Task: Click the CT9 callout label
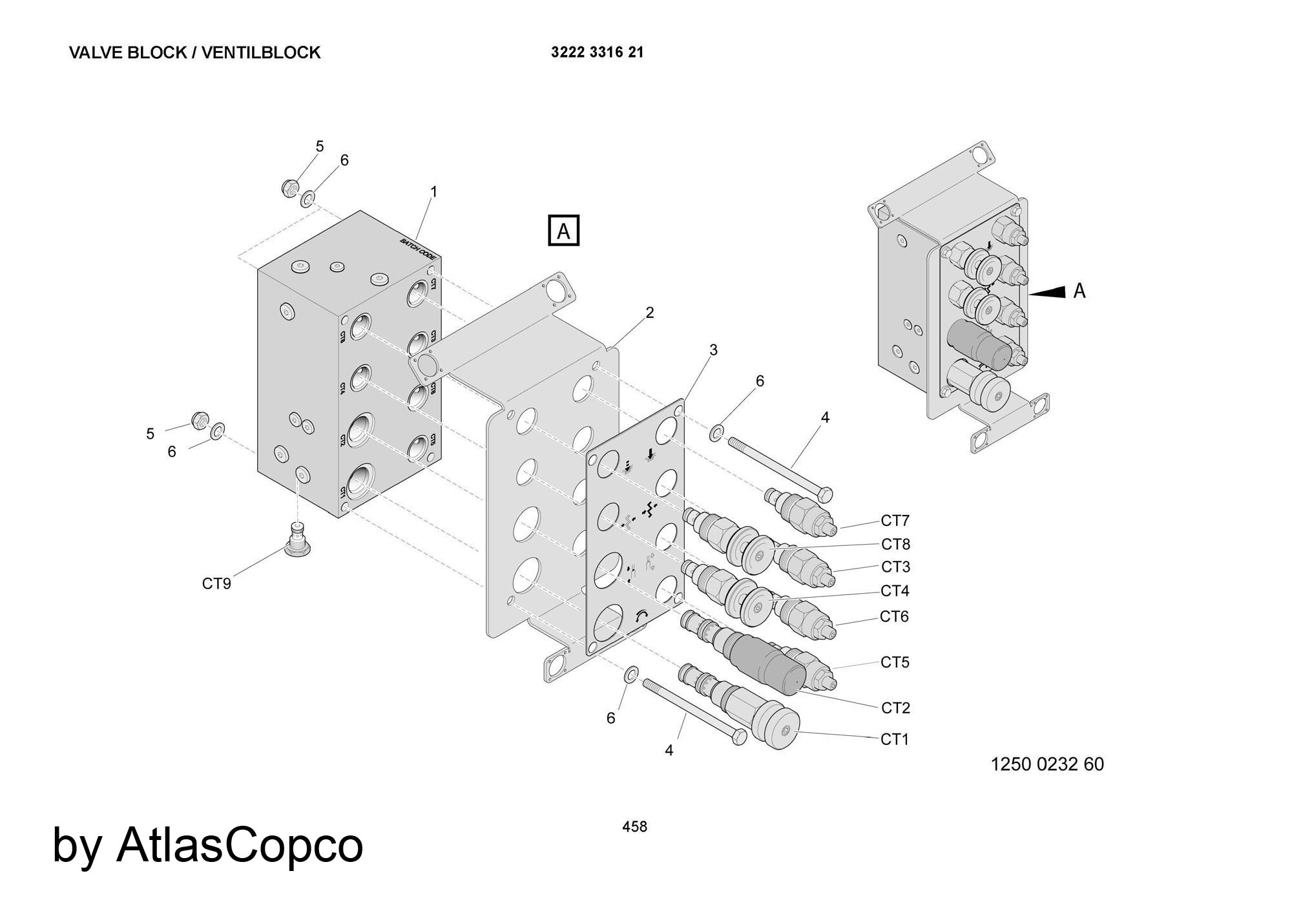coord(216,583)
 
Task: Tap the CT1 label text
coord(895,739)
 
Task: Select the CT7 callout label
coord(895,520)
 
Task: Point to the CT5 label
coord(895,662)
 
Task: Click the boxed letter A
coord(563,231)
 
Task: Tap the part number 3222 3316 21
coord(597,52)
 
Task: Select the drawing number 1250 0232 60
coord(1047,764)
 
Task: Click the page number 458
coord(634,826)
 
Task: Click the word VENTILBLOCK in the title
coord(261,52)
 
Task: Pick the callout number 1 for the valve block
coord(434,192)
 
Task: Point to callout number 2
coord(650,313)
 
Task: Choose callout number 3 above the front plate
coord(713,350)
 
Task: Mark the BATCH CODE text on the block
coord(418,250)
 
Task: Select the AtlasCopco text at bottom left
coord(239,845)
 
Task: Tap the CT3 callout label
coord(895,567)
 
